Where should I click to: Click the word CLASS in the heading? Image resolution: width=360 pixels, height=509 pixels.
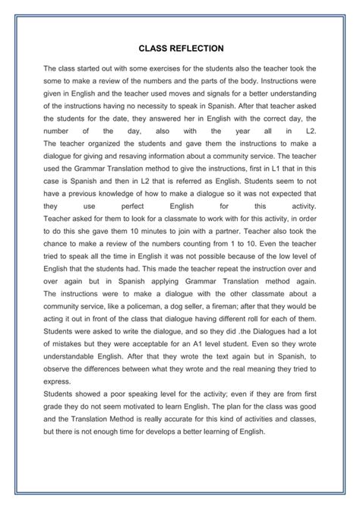153,47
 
